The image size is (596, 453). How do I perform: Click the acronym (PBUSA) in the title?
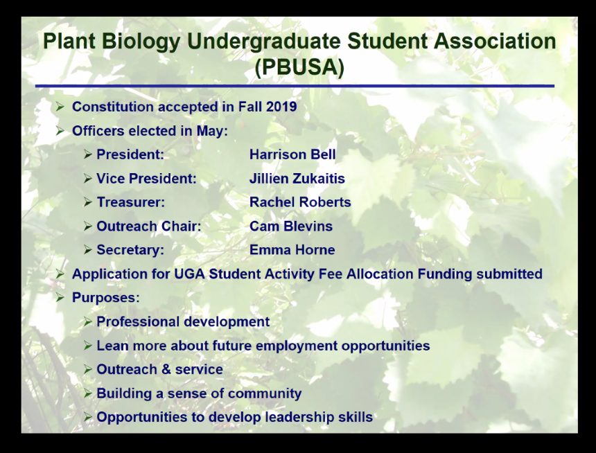tap(299, 67)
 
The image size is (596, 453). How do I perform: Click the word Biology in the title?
tap(141, 41)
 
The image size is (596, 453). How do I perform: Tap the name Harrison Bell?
tap(292, 154)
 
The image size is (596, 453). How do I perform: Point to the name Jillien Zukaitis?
tap(297, 179)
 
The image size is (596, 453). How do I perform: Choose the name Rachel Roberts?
tap(300, 202)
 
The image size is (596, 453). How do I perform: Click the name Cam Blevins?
tap(291, 226)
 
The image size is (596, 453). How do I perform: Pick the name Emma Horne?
tap(292, 250)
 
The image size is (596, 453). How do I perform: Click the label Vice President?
tap(147, 179)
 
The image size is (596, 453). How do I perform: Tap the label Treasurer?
tap(131, 202)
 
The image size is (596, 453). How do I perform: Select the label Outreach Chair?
tap(148, 226)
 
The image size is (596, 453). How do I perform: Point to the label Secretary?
tap(130, 250)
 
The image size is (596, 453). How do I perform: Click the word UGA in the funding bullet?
tap(189, 274)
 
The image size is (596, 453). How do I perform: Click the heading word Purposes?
tap(106, 298)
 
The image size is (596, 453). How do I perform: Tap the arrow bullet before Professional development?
tap(88, 322)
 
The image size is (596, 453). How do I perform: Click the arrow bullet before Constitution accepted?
tap(60, 107)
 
